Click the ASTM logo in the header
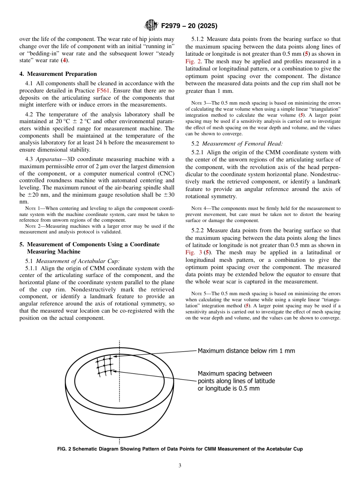click(151, 26)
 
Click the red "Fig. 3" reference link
click(193, 252)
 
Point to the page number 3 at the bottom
click(180, 465)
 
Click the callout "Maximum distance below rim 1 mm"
click(246, 351)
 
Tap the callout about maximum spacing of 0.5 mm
click(236, 381)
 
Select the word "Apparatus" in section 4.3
click(49, 159)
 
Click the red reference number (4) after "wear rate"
click(65, 60)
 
